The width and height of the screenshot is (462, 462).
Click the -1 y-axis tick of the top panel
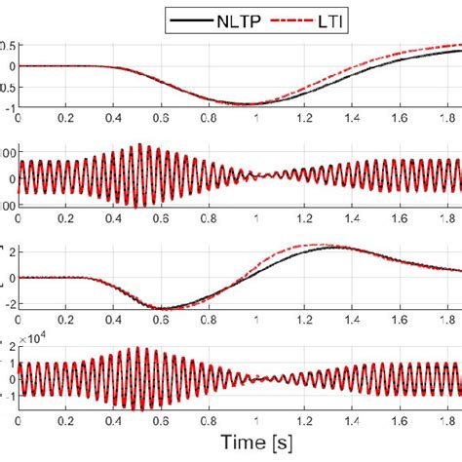tap(9, 107)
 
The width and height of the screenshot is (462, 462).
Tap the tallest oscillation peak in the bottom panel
tap(143, 348)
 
